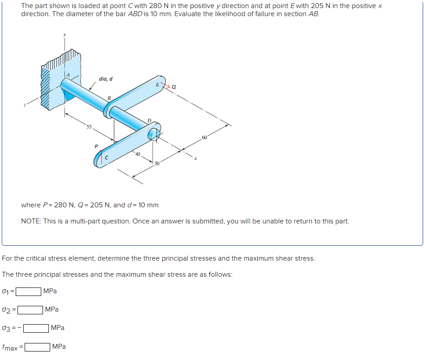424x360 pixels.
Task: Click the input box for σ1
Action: tap(29, 291)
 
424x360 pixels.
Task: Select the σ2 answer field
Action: tap(30, 309)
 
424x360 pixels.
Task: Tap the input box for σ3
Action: tap(36, 328)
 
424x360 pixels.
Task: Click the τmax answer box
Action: tap(37, 347)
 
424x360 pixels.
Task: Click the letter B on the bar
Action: tap(108, 98)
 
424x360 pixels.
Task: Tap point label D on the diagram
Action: tap(149, 120)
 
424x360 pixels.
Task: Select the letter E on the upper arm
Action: tap(157, 84)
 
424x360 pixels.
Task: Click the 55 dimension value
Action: tap(90, 127)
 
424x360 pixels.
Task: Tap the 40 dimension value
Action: tap(138, 154)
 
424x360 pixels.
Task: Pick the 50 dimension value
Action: tap(157, 163)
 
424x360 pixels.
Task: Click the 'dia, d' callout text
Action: tap(106, 79)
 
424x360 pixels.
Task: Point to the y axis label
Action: tap(64, 34)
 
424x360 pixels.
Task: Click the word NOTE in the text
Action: tap(31, 221)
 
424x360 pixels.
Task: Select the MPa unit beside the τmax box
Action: tap(59, 347)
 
